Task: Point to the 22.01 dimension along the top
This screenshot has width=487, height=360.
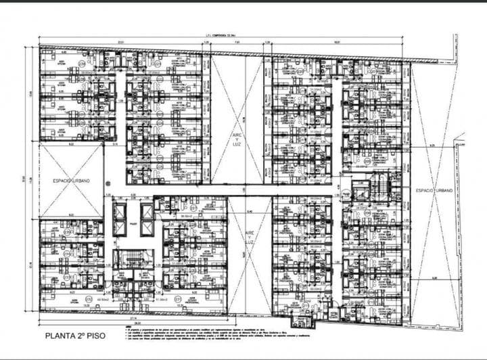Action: (120, 43)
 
